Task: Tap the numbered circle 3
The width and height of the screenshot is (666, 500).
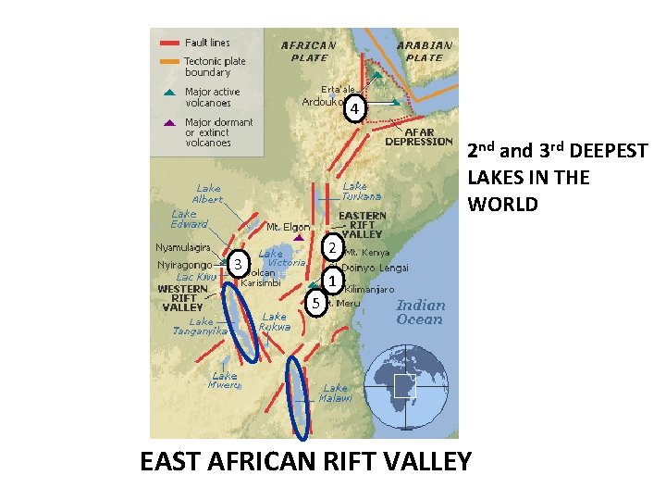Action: (x=239, y=265)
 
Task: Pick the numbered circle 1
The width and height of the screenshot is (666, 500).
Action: (x=334, y=281)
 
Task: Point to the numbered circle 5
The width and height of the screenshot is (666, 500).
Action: (x=315, y=303)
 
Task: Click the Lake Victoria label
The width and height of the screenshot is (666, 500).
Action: (x=282, y=258)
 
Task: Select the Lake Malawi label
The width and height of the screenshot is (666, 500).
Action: (x=337, y=393)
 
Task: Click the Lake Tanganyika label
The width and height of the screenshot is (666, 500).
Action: (x=196, y=326)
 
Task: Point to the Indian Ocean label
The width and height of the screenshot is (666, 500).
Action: (x=420, y=312)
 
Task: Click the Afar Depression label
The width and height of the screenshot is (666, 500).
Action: (x=418, y=137)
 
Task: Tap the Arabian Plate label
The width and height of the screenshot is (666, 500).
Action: (x=425, y=50)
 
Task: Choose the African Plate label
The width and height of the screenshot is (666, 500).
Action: (x=308, y=50)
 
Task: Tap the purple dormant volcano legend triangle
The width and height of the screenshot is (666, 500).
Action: (x=168, y=123)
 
